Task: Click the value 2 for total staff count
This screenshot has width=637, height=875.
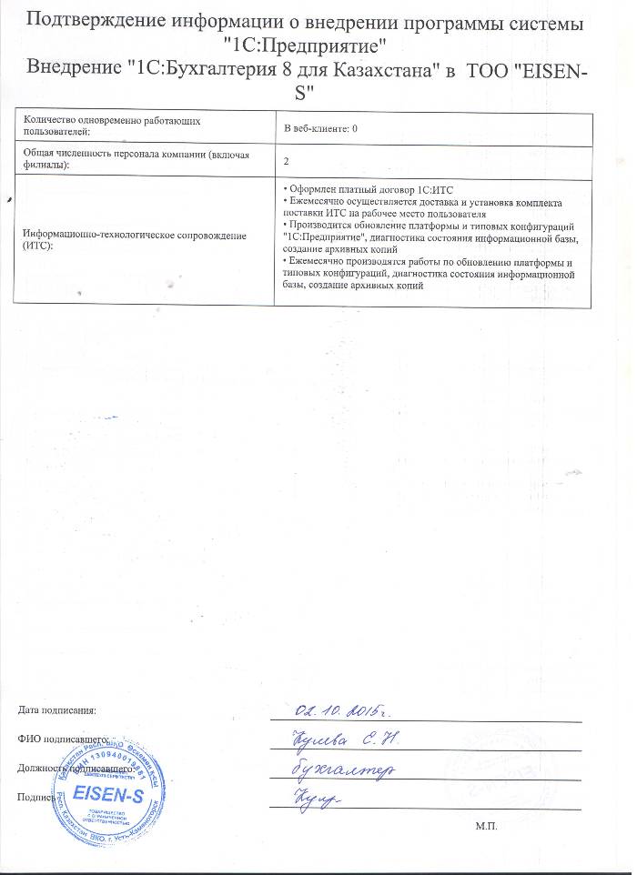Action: pos(287,160)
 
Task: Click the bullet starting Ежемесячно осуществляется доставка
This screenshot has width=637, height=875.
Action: pos(423,206)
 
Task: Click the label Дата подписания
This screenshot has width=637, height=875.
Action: pos(56,709)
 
